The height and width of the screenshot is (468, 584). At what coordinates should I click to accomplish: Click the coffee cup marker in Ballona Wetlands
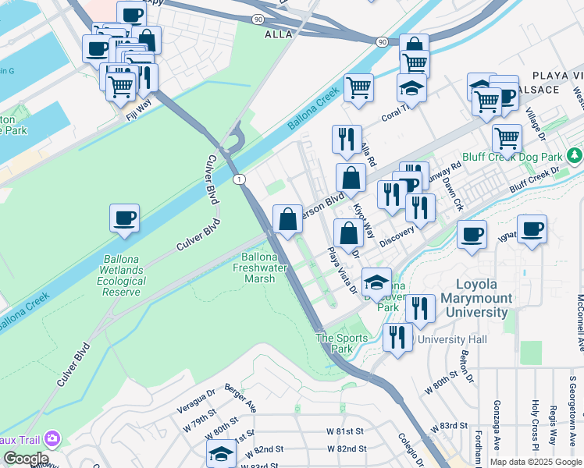click(x=124, y=218)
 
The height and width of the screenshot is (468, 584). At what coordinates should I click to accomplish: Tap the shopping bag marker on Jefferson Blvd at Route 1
click(x=288, y=221)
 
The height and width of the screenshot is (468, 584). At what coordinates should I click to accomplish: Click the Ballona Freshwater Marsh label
click(x=258, y=268)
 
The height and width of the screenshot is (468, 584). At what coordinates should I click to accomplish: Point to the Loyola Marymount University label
click(x=475, y=305)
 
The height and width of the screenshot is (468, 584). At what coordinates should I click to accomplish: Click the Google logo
click(x=25, y=459)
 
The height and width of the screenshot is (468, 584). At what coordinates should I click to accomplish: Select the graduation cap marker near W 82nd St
click(x=221, y=455)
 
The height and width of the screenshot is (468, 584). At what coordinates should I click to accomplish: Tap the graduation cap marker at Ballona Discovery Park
click(x=377, y=283)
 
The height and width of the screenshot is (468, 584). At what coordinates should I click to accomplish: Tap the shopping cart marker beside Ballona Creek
click(x=358, y=88)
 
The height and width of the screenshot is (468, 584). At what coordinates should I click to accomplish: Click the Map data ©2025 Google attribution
click(x=535, y=462)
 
